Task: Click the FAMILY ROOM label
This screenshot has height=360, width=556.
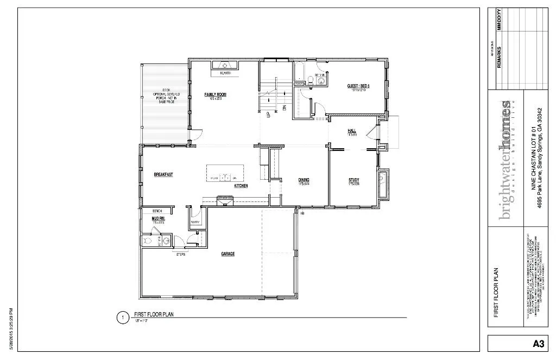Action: (215, 94)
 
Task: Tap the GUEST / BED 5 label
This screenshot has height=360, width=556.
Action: (358, 86)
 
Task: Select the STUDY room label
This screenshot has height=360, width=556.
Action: (353, 180)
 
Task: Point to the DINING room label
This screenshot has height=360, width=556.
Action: (304, 180)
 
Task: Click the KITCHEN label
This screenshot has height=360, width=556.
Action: (241, 186)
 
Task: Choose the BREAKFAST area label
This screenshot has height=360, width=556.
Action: (163, 174)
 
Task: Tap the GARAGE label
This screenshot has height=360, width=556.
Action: (228, 254)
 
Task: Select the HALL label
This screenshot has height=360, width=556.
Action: (351, 131)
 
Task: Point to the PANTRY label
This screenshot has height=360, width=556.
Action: (195, 222)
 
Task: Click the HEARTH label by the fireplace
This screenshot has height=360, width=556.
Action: (225, 73)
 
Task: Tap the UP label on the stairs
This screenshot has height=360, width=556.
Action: (268, 114)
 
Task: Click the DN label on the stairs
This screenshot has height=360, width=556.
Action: (285, 108)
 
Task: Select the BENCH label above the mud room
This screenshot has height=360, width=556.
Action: (157, 211)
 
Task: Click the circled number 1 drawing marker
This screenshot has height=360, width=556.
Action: (123, 317)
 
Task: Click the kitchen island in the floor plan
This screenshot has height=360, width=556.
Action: (225, 174)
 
